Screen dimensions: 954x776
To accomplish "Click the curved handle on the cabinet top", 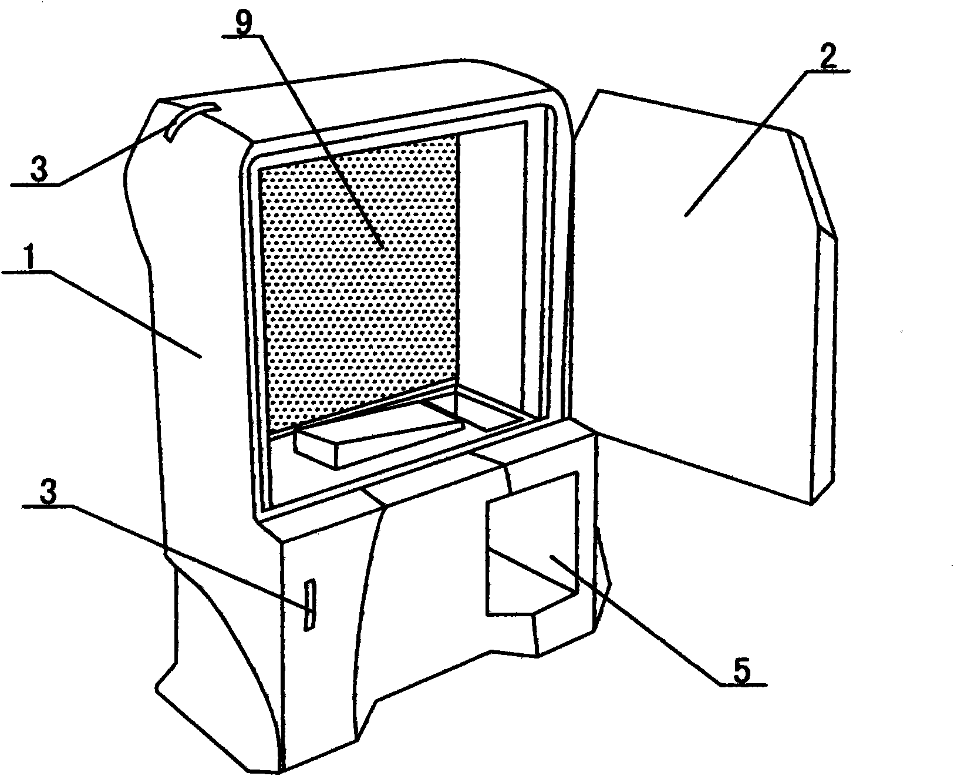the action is click(x=190, y=120).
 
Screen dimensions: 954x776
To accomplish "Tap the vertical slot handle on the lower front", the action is click(x=309, y=605).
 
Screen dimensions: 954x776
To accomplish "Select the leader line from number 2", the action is click(x=745, y=143).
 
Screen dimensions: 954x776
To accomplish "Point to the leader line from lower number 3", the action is click(x=190, y=558).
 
